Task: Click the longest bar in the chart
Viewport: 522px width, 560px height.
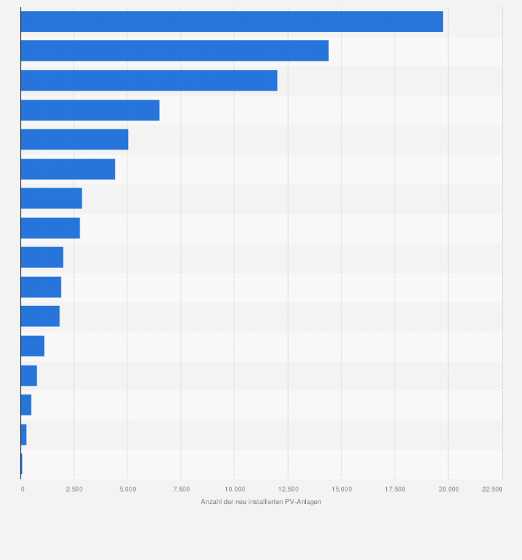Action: click(x=231, y=21)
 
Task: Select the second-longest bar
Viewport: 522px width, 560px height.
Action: click(x=174, y=51)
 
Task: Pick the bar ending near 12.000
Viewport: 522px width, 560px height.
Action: click(x=149, y=80)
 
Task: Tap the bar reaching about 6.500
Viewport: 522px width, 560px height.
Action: click(x=90, y=110)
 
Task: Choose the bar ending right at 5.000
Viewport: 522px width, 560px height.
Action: click(x=74, y=139)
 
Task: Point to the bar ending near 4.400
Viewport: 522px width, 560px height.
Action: click(x=68, y=169)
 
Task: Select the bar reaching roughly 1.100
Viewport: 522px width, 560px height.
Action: click(x=33, y=345)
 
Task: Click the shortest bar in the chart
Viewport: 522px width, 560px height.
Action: click(x=21, y=463)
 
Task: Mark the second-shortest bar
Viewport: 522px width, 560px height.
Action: click(x=24, y=434)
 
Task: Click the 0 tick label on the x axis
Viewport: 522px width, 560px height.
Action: click(x=23, y=489)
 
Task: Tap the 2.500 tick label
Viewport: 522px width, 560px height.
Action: click(x=74, y=489)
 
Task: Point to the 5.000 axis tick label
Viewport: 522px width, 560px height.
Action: click(x=127, y=489)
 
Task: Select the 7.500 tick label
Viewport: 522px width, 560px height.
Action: click(x=181, y=489)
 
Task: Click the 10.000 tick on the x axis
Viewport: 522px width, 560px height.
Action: click(x=234, y=489)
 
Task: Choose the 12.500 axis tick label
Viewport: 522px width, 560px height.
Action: click(x=288, y=489)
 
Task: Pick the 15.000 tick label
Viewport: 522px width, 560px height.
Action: click(x=341, y=489)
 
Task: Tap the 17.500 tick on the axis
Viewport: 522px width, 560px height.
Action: click(x=395, y=489)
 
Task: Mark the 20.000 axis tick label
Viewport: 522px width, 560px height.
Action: click(x=448, y=489)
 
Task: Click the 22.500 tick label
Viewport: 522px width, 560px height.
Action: click(x=492, y=489)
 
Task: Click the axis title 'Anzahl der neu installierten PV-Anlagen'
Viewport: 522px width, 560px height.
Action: click(x=261, y=501)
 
